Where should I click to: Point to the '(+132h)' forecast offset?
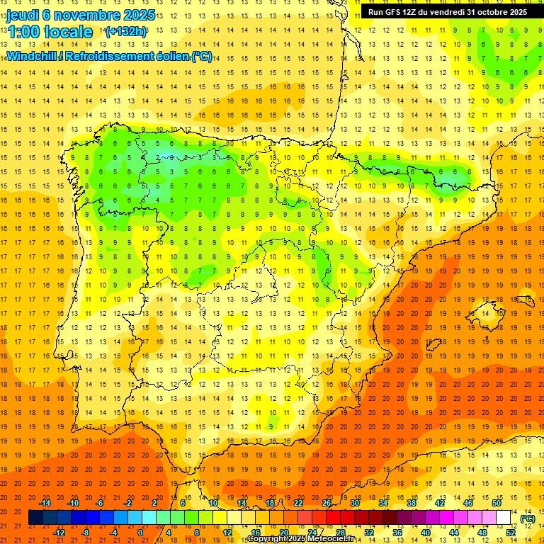(x=125, y=32)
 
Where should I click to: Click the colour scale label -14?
(x=45, y=503)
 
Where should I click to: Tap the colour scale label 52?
(x=511, y=533)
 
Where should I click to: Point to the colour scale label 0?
(x=140, y=533)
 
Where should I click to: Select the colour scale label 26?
(x=326, y=503)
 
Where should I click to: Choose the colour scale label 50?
(x=497, y=503)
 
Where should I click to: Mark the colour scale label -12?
(x=59, y=533)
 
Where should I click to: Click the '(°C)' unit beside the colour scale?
(x=527, y=518)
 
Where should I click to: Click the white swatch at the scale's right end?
(x=504, y=518)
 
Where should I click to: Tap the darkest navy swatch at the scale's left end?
(x=35, y=518)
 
